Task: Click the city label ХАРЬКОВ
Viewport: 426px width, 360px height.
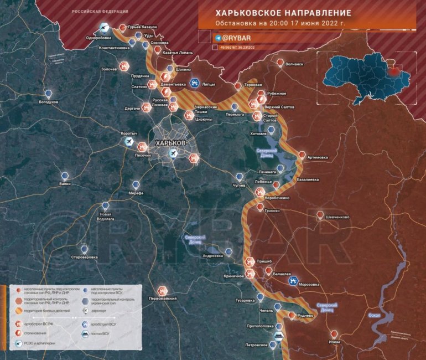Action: pos(171,143)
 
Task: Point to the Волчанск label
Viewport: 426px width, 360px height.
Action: pos(294,64)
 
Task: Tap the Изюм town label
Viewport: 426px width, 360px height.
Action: pos(334,342)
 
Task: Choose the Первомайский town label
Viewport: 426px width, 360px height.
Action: pos(163,299)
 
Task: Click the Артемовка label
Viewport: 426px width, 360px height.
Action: pos(317,157)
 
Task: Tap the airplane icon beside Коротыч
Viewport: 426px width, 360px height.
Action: pos(129,142)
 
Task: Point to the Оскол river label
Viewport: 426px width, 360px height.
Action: pos(374,315)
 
